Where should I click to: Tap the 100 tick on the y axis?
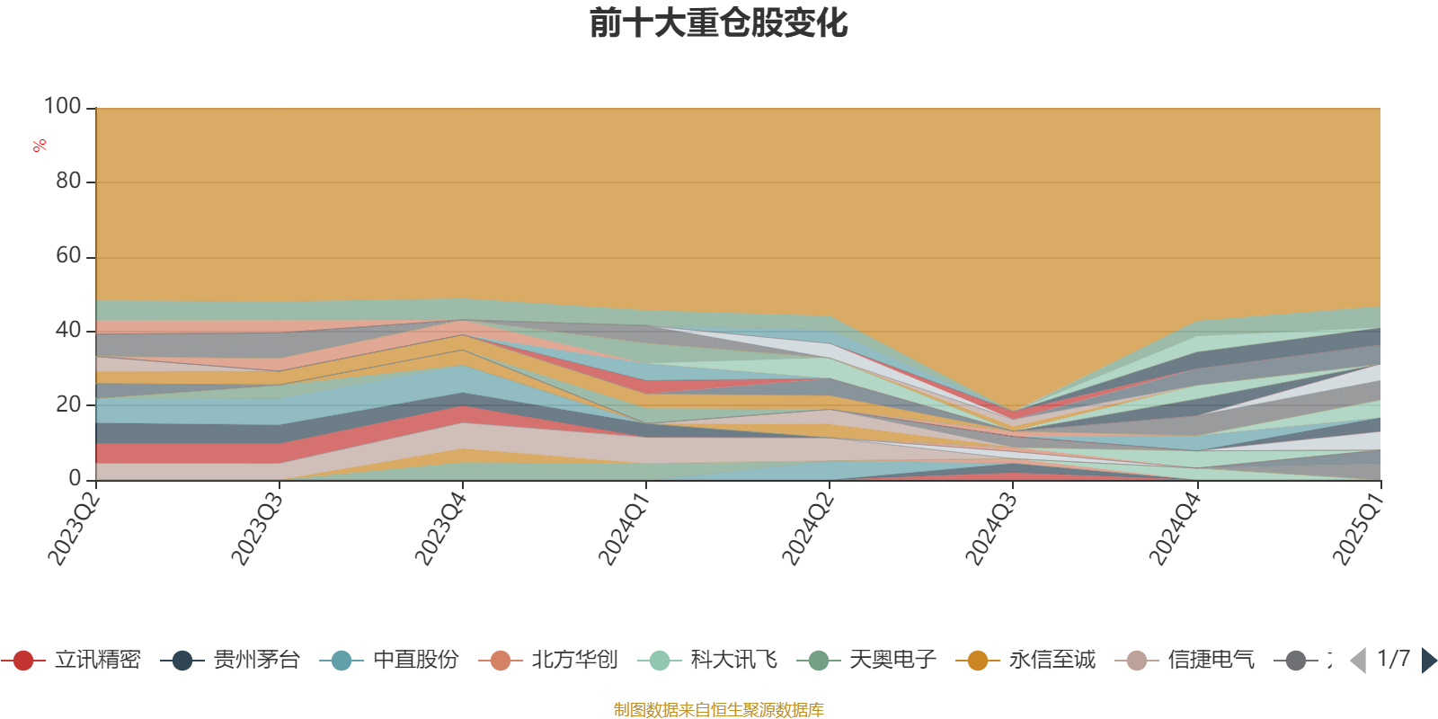pos(63,107)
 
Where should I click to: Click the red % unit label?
pos(40,146)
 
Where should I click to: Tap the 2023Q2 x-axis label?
pos(74,524)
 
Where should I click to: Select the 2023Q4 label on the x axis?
pos(440,524)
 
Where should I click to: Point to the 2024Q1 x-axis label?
pos(624,524)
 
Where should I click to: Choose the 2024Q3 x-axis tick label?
pos(991,524)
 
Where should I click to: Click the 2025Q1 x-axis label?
pos(1358,524)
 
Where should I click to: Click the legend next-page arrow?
pos(1429,661)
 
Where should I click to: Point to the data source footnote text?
pos(718,710)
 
